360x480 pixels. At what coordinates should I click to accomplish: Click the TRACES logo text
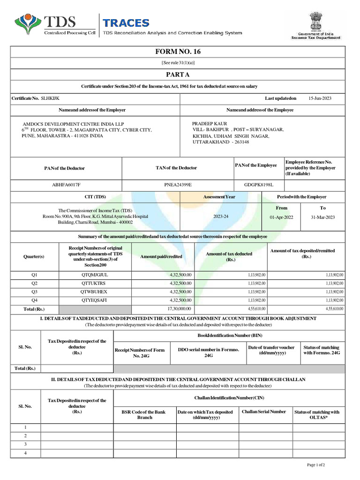point(126,22)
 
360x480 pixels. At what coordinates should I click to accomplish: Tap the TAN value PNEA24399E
point(178,185)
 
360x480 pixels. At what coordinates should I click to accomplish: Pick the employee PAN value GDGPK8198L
point(258,185)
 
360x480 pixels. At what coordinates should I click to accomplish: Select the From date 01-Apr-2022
point(281,217)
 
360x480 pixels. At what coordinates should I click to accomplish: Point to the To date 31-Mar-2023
point(322,217)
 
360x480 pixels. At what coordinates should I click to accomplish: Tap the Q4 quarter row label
point(34,300)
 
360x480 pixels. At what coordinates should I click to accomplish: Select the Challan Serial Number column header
point(264,412)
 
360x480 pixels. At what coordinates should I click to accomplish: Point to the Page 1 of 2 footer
point(315,465)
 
